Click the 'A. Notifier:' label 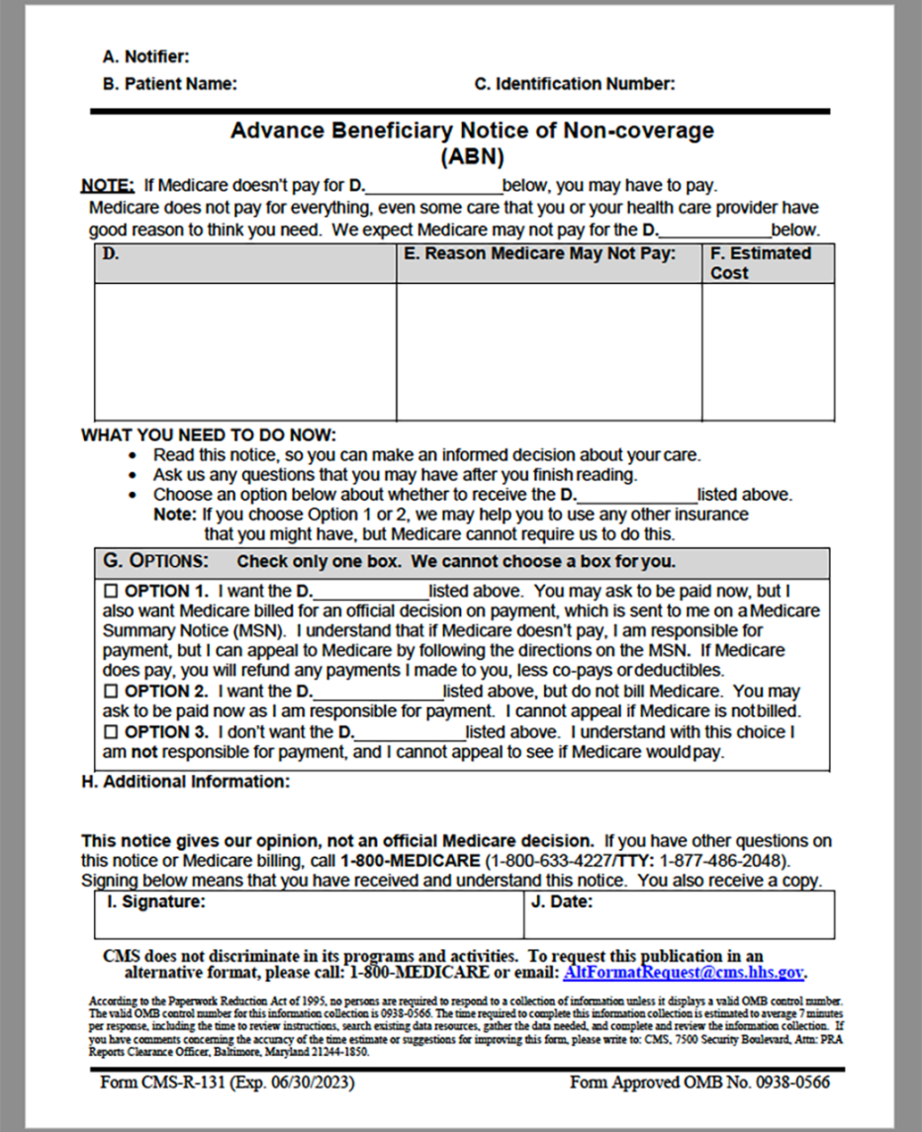click(145, 57)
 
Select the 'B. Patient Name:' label click(169, 84)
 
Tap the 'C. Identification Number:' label click(575, 84)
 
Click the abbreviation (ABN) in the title click(472, 156)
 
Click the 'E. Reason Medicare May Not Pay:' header click(539, 254)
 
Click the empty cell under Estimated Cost click(768, 351)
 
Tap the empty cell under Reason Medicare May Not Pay click(549, 351)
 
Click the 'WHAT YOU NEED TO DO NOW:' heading click(209, 435)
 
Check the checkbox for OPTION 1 click(111, 592)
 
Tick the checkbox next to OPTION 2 click(111, 692)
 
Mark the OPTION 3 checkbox click(111, 733)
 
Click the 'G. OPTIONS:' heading click(156, 561)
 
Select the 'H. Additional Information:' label click(185, 782)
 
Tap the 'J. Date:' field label click(561, 902)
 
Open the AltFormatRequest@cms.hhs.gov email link click(683, 973)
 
